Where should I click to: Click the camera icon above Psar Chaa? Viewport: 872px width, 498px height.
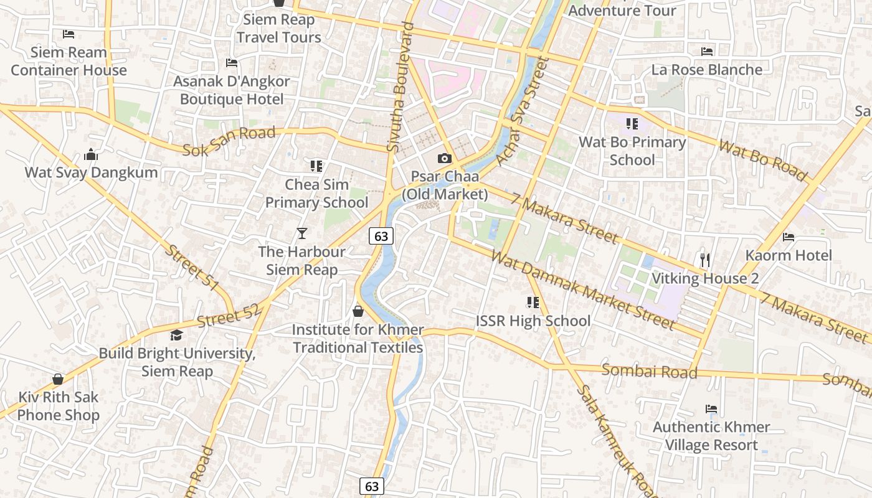pos(444,159)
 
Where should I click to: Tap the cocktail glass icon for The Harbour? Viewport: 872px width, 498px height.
pos(302,233)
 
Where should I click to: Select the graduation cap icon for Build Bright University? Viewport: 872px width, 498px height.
pos(177,336)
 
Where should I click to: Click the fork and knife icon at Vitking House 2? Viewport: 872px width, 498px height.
pos(705,260)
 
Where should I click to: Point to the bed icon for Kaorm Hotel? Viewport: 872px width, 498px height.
pos(789,237)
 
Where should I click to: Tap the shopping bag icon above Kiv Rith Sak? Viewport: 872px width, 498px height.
pos(58,379)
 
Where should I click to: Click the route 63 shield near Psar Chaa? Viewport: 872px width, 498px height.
pos(381,236)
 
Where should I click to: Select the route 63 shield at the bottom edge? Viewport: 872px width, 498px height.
pos(372,486)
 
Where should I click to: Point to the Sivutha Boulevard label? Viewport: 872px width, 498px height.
pos(400,87)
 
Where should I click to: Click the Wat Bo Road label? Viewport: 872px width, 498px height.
pos(762,160)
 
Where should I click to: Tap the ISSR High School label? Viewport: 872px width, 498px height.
pos(533,321)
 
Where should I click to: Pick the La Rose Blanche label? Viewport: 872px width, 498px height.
pos(706,70)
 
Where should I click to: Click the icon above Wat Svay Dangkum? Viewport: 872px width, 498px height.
pos(91,154)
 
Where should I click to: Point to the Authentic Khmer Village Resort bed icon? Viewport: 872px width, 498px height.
pos(711,409)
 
